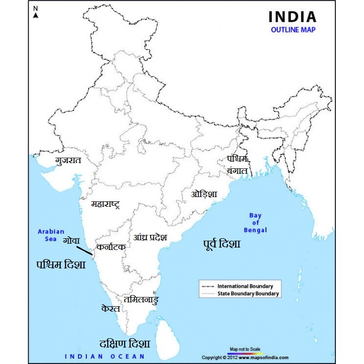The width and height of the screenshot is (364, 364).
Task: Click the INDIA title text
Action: (x=292, y=17)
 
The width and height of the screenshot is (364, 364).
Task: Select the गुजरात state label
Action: (x=68, y=160)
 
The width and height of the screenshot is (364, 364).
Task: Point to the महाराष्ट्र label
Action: (x=105, y=204)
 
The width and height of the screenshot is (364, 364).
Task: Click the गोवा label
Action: (x=71, y=241)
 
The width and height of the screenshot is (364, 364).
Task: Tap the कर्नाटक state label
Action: (x=111, y=247)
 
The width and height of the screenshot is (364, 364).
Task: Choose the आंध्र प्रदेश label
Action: (x=150, y=237)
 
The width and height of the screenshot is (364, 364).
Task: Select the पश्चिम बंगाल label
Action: (x=237, y=165)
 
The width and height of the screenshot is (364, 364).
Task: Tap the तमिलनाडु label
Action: (x=141, y=300)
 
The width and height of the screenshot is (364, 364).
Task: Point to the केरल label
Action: (x=111, y=309)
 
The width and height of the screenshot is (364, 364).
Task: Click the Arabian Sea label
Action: (x=51, y=235)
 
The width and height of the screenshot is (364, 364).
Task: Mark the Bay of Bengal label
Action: (x=255, y=223)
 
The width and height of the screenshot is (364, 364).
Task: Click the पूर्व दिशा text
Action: (x=221, y=244)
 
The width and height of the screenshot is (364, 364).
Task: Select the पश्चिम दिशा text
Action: (x=61, y=265)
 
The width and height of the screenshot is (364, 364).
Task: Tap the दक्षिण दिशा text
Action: (x=125, y=344)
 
